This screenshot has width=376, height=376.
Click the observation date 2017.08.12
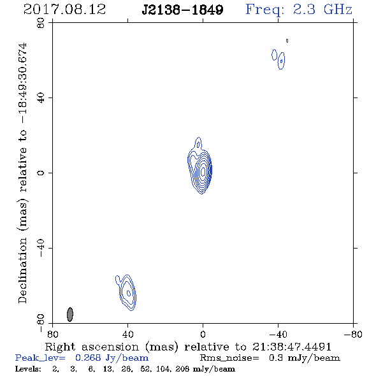coord(64,10)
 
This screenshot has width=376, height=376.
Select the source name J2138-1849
coord(182,10)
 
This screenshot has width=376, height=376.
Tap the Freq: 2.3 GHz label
coord(299,10)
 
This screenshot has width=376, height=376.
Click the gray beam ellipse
coord(69,314)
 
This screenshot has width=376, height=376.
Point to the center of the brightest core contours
coord(203,171)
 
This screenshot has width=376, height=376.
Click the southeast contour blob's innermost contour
coord(129,293)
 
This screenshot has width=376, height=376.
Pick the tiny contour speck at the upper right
coord(287,41)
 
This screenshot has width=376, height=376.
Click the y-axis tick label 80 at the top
coord(41,23)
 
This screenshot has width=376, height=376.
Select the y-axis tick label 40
coord(41,98)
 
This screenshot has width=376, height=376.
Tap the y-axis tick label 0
coord(41,173)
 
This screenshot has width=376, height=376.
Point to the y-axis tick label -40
coord(41,248)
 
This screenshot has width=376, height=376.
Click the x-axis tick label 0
coord(203,335)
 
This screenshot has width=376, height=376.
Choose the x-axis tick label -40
coord(278,335)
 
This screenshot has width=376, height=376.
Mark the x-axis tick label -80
coord(353,335)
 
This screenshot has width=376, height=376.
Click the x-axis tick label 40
coord(127,335)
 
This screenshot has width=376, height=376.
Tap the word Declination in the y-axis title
coord(22,270)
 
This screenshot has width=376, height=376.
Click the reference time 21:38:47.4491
coord(292,347)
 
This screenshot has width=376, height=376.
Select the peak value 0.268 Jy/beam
coord(112,358)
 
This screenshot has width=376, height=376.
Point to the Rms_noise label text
coord(229,358)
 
